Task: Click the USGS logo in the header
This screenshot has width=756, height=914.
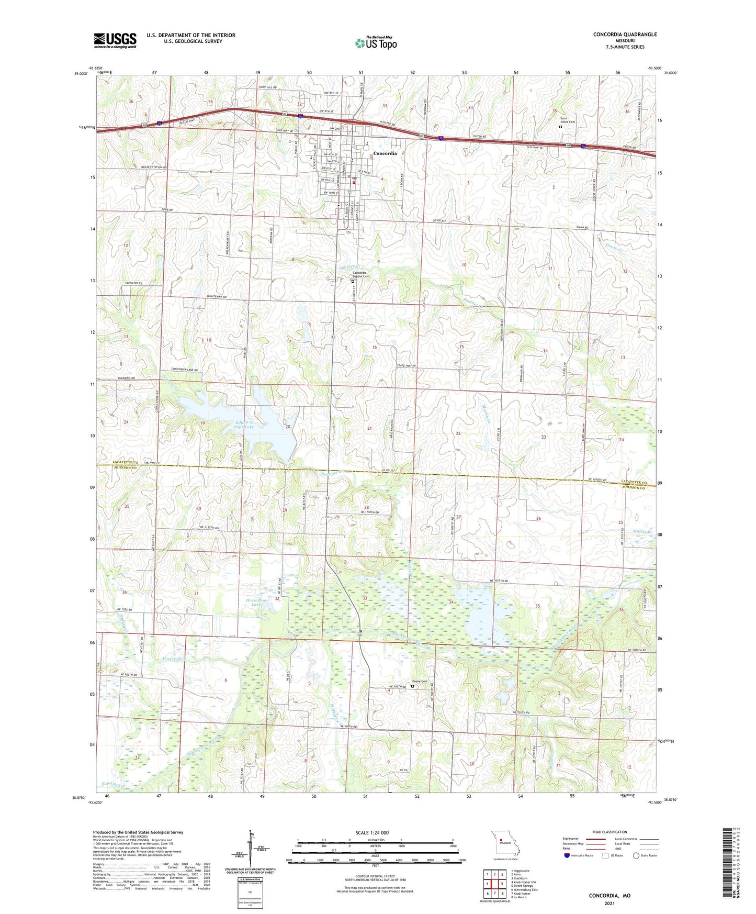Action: coord(115,40)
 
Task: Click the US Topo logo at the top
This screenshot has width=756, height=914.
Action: coord(376,43)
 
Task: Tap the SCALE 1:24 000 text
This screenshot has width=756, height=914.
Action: coord(371,832)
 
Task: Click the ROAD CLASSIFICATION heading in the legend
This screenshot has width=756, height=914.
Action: coord(609,832)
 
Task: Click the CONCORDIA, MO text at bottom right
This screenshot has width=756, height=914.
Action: coord(610,896)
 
